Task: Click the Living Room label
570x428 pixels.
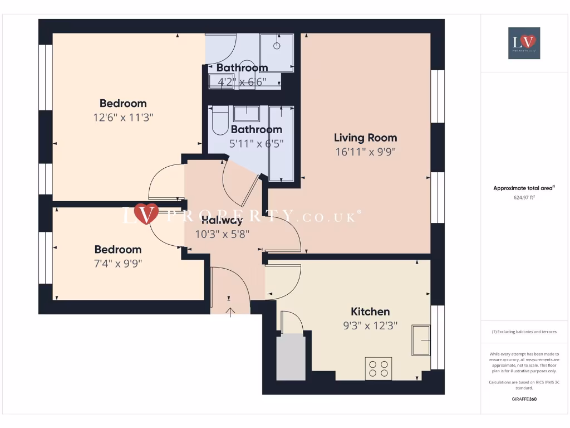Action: (x=365, y=138)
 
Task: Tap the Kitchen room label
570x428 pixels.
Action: (x=370, y=312)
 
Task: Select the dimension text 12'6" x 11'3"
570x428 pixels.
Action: (x=123, y=118)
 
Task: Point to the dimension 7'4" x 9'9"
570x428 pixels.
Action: (x=117, y=264)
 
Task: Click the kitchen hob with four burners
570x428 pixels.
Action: (x=379, y=368)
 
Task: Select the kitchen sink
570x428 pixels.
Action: (x=421, y=340)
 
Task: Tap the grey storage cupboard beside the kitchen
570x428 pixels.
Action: (x=291, y=357)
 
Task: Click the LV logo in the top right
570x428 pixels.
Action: (x=524, y=43)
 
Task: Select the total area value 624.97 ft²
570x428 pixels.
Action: (x=524, y=197)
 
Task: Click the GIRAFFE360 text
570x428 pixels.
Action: (x=524, y=399)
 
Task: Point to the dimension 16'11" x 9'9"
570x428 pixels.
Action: (x=365, y=152)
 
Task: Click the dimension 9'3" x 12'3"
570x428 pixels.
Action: (x=370, y=326)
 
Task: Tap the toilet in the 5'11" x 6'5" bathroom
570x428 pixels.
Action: (x=219, y=119)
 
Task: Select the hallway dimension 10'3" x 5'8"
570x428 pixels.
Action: (x=222, y=234)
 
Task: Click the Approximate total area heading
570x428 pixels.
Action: (x=524, y=188)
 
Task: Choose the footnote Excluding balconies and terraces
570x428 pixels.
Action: (x=524, y=332)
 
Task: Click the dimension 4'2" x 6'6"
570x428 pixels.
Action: (x=242, y=81)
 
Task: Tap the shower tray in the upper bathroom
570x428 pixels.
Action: (x=276, y=51)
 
